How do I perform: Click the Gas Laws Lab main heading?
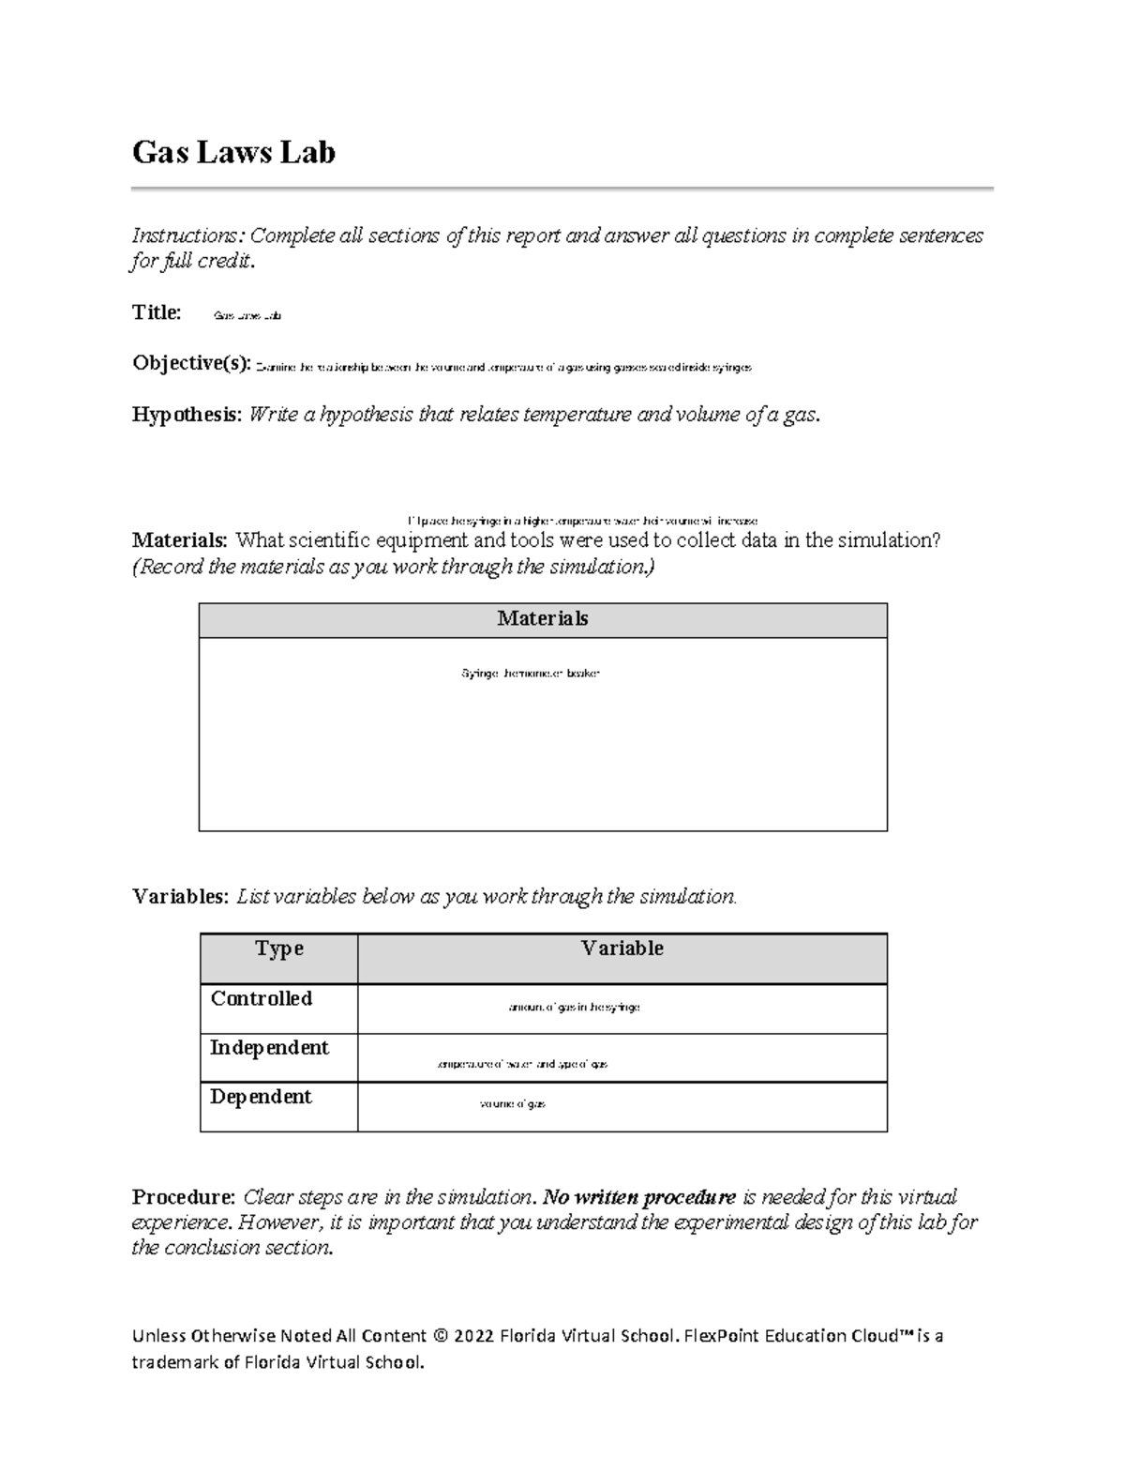233,152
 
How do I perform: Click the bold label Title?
157,312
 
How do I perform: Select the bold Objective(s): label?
191,363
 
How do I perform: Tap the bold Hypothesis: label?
187,415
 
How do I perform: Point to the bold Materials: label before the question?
179,540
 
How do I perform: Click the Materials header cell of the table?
543,619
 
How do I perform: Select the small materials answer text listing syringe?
530,674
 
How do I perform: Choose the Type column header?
279,949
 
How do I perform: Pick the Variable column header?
622,949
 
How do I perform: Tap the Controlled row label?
262,999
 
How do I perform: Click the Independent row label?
269,1048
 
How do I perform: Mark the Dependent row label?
261,1097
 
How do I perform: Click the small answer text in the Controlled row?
574,1008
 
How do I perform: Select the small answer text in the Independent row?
522,1065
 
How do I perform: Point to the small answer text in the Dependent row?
512,1104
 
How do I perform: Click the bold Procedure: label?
184,1198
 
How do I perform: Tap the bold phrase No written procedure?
639,1198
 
